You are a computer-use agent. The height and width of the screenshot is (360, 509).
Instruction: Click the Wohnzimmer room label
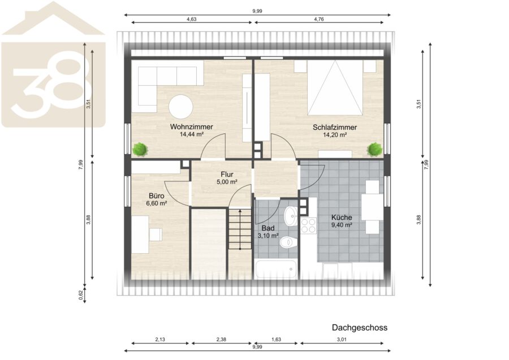tap(192, 127)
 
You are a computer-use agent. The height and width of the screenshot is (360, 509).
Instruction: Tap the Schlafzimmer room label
tap(335, 127)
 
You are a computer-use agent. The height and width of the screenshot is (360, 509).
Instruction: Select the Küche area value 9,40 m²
tap(342, 225)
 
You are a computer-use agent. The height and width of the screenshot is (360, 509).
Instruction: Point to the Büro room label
tap(157, 196)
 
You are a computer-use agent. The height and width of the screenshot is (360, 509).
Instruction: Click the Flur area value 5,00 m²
tap(227, 182)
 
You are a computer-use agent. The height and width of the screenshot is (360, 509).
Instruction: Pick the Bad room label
tap(268, 228)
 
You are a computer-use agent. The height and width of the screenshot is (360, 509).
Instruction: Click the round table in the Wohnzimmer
tap(180, 107)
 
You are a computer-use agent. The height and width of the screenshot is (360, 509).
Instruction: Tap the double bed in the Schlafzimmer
tap(335, 88)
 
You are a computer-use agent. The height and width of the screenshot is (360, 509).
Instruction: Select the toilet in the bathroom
tap(288, 242)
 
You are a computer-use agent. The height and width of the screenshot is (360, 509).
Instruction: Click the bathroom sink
tap(291, 216)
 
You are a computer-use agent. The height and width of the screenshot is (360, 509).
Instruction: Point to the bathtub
tap(275, 269)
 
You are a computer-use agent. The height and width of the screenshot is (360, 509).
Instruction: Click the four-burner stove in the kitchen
tap(308, 225)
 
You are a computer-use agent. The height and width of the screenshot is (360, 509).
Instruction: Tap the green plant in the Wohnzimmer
tap(140, 150)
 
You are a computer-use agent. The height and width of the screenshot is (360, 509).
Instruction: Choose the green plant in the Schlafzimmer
tap(374, 150)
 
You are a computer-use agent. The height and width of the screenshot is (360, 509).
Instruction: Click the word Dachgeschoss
tap(359, 328)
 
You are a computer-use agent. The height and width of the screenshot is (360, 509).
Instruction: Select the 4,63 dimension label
tap(192, 19)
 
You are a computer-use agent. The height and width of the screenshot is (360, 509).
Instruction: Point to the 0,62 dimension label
tap(81, 295)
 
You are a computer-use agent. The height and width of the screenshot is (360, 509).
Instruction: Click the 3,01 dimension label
tap(342, 340)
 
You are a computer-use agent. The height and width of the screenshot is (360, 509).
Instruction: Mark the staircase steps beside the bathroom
tap(240, 229)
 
